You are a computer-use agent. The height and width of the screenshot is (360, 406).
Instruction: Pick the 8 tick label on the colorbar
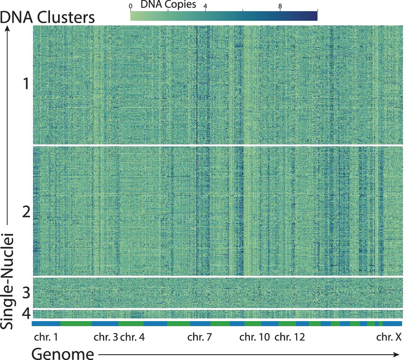(280, 6)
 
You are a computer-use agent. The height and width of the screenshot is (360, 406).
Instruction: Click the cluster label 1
(26, 84)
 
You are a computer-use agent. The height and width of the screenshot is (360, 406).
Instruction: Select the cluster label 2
(26, 212)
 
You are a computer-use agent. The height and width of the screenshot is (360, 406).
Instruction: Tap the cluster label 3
(26, 293)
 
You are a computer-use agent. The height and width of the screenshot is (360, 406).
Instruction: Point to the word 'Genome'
(63, 353)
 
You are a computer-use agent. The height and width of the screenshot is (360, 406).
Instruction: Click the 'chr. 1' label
(45, 338)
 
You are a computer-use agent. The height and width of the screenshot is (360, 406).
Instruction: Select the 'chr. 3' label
(106, 338)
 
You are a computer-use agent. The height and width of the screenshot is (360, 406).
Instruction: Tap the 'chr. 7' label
(199, 338)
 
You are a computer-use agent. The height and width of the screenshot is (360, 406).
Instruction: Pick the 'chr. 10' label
(255, 338)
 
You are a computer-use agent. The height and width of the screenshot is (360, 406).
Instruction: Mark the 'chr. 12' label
(290, 338)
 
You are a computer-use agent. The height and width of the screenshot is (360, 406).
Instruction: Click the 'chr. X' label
(389, 338)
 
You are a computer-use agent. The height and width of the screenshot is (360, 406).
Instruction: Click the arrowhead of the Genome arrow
(398, 353)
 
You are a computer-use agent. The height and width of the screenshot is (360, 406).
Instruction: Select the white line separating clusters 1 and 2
(217, 145)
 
